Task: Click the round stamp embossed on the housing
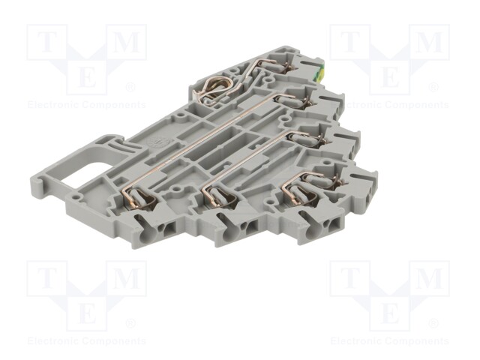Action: click(x=154, y=142)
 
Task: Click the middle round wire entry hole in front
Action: click(x=228, y=235)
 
